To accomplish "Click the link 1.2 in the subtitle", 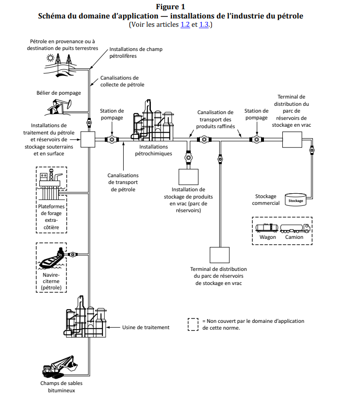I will point(185,25).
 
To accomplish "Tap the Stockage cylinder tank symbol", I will point(295,200).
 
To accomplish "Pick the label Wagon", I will point(268,237).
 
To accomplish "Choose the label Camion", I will point(294,237).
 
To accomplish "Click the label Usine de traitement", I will point(146,327).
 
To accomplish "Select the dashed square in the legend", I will point(193,324).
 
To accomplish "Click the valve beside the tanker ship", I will point(72,254).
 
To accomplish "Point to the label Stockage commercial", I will point(265,200).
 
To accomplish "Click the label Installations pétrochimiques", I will point(153,150).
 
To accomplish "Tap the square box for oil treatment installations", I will point(88,140).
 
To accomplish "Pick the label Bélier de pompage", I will point(59,92).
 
